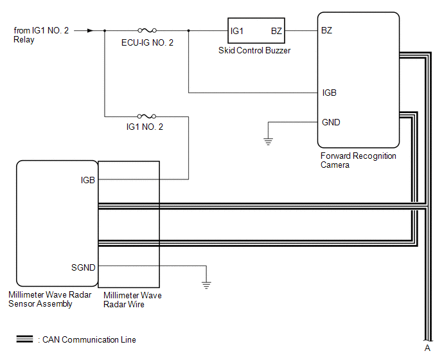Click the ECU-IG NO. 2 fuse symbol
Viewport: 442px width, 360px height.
click(x=148, y=30)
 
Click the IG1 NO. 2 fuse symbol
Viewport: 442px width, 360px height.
click(x=148, y=116)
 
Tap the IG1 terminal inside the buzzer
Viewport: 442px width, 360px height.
click(x=237, y=31)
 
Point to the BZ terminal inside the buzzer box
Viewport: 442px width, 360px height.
click(x=276, y=31)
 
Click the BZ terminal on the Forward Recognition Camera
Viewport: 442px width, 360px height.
click(x=327, y=31)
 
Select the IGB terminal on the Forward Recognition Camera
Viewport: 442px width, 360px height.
click(x=329, y=93)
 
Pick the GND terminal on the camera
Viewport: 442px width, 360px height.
click(x=331, y=122)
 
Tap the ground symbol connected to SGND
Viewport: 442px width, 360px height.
click(x=206, y=282)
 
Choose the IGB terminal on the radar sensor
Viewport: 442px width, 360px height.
click(x=88, y=180)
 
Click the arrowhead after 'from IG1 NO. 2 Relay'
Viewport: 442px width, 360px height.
click(x=89, y=30)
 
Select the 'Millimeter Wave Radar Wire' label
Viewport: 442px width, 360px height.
click(x=132, y=300)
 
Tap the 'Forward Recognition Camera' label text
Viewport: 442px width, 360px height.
click(x=358, y=160)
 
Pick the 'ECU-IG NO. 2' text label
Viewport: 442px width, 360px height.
click(x=147, y=42)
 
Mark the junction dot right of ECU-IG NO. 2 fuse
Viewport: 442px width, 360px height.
click(x=188, y=30)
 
